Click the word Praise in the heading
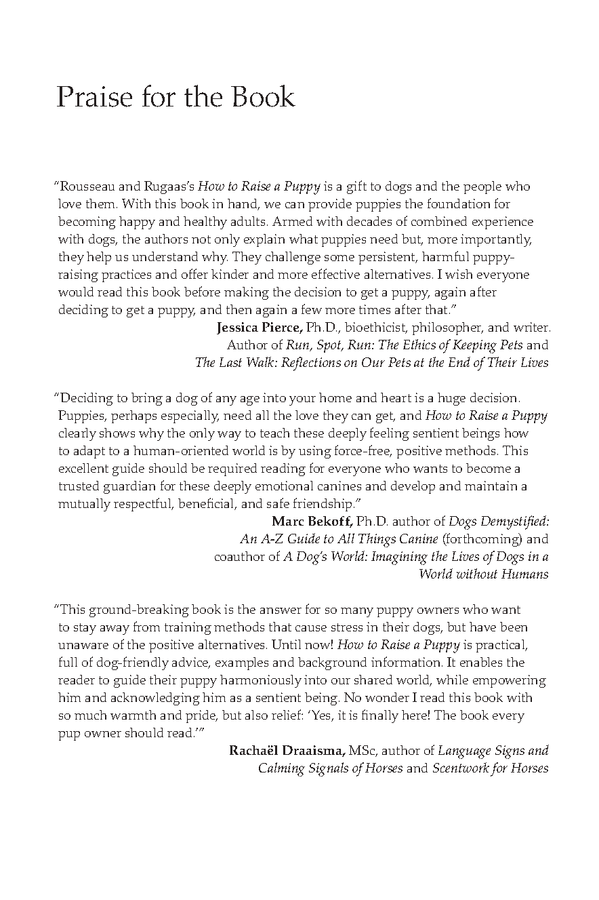[x=94, y=98]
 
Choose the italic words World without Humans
[x=483, y=574]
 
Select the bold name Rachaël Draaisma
[x=287, y=751]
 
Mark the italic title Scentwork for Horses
[x=490, y=768]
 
